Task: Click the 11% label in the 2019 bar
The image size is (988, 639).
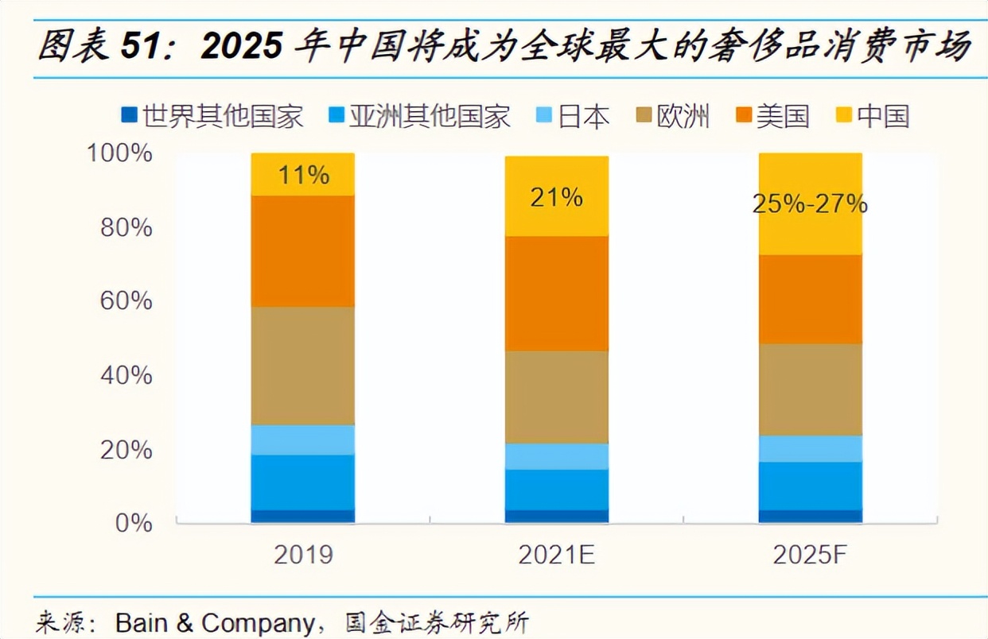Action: coord(303,175)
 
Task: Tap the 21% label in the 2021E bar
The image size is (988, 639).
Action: coord(556,197)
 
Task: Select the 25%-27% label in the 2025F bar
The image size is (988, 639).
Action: coord(809,205)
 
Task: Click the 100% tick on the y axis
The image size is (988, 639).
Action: coord(119,153)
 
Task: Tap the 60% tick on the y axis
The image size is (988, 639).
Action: coord(125,301)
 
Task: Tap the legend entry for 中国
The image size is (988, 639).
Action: coord(873,116)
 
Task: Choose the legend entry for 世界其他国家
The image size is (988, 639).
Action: coord(213,116)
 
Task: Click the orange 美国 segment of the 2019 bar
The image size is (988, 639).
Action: coord(303,251)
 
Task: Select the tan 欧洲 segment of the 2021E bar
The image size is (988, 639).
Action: coord(556,397)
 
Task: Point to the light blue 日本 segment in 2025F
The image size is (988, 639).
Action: coord(810,448)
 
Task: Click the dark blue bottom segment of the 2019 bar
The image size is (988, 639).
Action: coord(303,516)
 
